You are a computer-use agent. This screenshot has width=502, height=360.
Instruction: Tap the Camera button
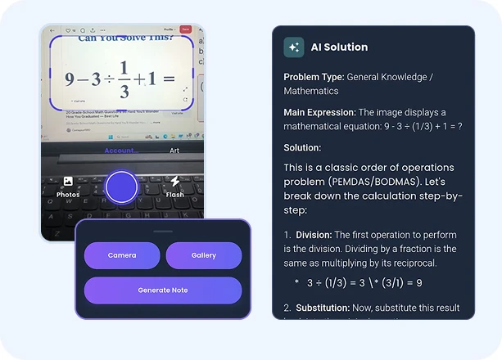coord(122,255)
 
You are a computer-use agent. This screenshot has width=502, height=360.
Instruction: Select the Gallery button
coord(204,255)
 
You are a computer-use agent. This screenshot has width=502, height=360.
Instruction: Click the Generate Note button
coord(163,290)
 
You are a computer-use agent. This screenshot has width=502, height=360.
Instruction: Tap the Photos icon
coord(68,181)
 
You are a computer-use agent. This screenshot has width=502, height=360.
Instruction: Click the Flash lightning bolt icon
coord(174,181)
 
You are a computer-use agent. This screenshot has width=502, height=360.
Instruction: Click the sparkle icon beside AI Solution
coord(294,47)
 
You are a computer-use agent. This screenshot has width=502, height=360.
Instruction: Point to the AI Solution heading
coord(339,47)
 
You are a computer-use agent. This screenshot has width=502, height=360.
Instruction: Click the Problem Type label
coord(314,77)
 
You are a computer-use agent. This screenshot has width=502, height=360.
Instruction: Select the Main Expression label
coord(319,112)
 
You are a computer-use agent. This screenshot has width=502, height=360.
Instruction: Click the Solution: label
coord(302,147)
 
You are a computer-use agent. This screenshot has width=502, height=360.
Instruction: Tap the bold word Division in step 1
coord(314,235)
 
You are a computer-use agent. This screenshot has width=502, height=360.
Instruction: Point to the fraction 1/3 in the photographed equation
coord(124,79)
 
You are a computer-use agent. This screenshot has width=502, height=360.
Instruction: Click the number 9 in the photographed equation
coord(70,79)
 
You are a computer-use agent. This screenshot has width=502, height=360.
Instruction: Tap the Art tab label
coord(174,151)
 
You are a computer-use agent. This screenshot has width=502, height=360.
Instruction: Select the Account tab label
coord(120,151)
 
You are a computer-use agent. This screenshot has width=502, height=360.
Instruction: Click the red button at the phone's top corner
coord(186,29)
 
